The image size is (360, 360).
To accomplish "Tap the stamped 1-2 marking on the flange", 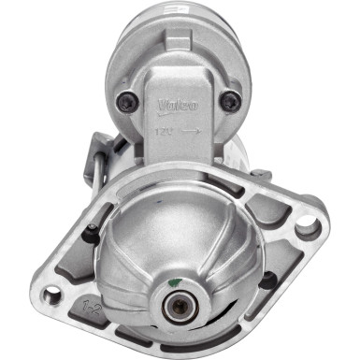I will pyautogui.click(x=91, y=306).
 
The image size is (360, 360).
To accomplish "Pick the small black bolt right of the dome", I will pyautogui.click(x=266, y=280).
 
